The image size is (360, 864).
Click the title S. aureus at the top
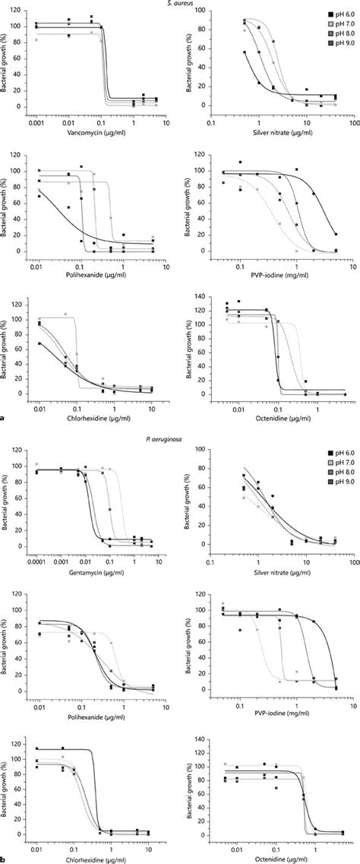pos(179,4)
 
